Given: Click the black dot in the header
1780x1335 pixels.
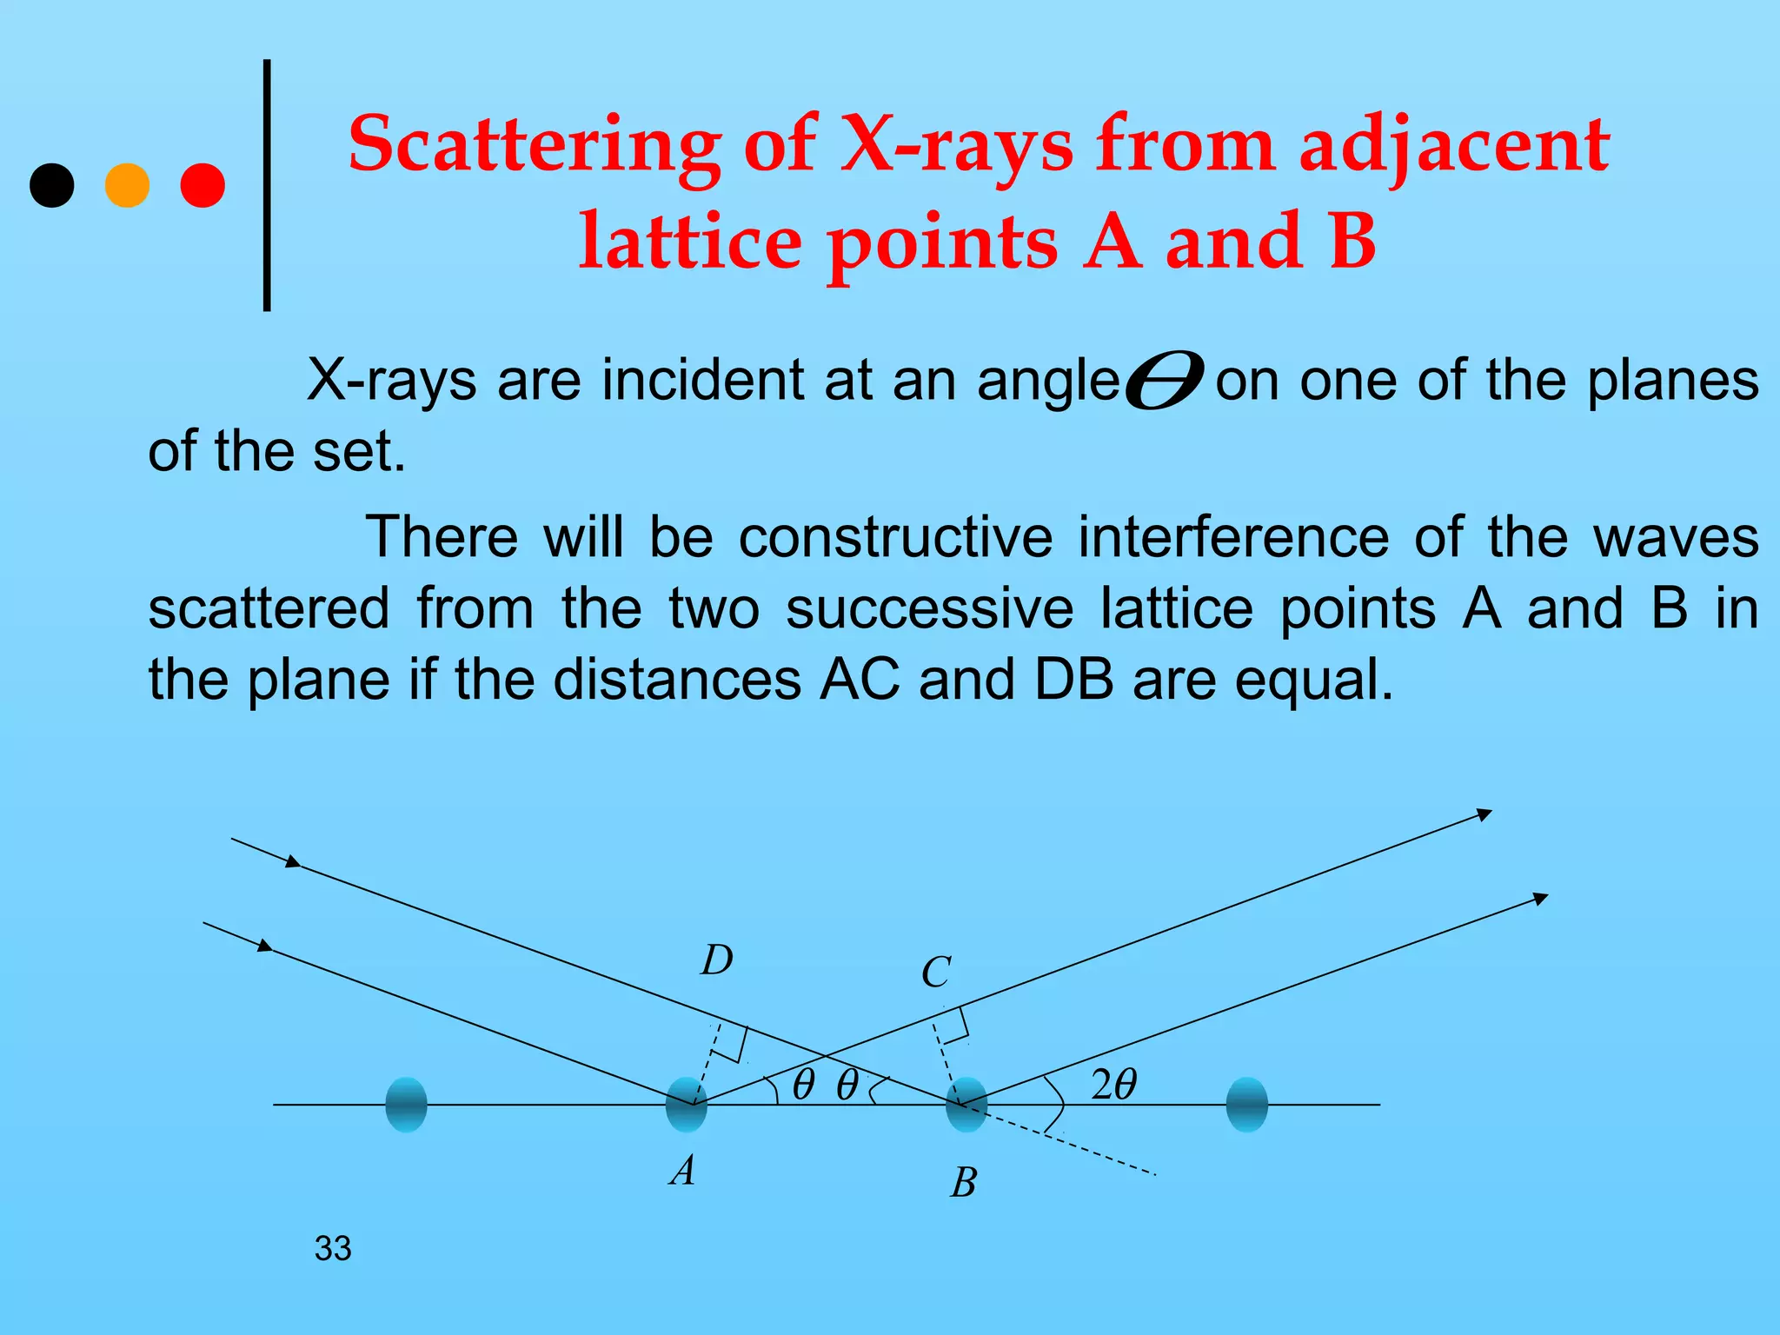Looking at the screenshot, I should [52, 185].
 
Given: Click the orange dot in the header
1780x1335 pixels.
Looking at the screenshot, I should [127, 185].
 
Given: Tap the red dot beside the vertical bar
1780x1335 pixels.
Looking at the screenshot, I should [203, 185].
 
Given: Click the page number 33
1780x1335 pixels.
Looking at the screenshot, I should [333, 1249].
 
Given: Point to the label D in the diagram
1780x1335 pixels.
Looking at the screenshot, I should [717, 961].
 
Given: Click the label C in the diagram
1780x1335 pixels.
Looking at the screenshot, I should [936, 973].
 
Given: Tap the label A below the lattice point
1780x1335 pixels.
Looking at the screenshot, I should [683, 1171].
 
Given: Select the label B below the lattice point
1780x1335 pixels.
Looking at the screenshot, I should [964, 1183].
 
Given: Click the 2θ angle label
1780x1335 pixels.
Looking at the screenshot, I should [1113, 1086].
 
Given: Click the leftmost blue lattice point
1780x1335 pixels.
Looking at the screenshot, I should [406, 1105].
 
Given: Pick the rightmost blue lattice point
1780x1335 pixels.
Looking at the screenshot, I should [1246, 1105].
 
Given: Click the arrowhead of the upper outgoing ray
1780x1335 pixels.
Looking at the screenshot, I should [1484, 814].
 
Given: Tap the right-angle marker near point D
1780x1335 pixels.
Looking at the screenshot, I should [736, 1044].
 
